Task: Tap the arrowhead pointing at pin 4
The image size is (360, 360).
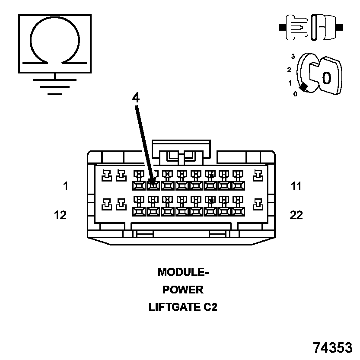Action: click(x=151, y=182)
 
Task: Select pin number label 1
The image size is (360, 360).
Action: click(x=65, y=186)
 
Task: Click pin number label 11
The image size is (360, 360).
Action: click(x=296, y=186)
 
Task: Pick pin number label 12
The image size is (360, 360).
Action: click(x=61, y=215)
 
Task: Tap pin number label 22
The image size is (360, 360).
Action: click(x=296, y=215)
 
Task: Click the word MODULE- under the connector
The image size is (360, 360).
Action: click(x=183, y=272)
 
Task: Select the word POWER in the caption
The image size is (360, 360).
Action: click(x=183, y=290)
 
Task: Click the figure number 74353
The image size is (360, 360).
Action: click(x=333, y=347)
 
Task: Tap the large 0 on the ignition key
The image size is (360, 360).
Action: click(x=327, y=78)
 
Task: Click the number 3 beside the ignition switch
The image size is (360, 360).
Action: click(x=293, y=56)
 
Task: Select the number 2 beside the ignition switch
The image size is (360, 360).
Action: click(x=289, y=70)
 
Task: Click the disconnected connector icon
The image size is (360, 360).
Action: click(x=311, y=28)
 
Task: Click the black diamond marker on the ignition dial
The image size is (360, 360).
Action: click(x=304, y=87)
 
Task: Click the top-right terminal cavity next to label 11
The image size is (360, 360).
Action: click(x=258, y=175)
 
